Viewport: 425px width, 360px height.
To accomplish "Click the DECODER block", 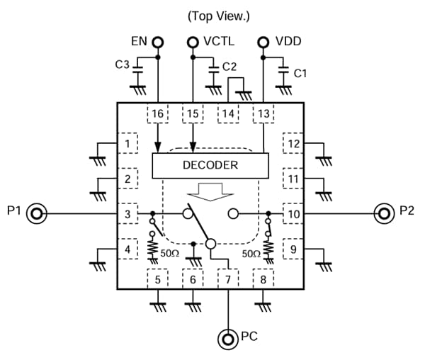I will point(211,165).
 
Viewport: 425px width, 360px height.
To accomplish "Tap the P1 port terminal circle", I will point(37,213).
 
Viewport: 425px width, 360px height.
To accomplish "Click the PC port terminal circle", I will point(227,339).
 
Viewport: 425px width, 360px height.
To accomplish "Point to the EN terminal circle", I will point(157,43).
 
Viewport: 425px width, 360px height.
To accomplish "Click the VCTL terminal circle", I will point(192,43).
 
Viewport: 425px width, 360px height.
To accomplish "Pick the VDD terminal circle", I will point(263,43).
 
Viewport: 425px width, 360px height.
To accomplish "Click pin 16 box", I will point(157,113).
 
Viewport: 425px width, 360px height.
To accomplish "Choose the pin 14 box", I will point(228,113).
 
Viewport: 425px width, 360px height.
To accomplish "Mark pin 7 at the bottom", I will point(227,278).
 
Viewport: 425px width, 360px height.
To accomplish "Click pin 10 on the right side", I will point(293,213).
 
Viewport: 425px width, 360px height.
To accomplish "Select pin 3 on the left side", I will point(127,213).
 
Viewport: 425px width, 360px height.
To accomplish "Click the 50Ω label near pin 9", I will point(251,253).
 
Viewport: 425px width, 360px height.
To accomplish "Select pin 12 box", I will point(293,144).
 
